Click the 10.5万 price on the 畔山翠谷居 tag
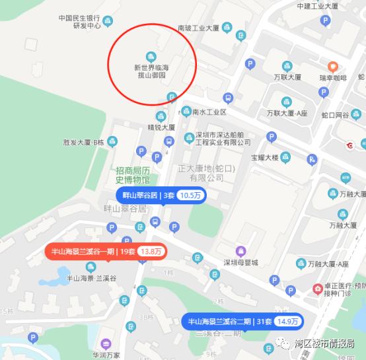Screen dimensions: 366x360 click(x=191, y=195)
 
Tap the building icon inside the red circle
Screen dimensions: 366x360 click(x=151, y=55)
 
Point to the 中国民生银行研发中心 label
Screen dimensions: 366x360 click(x=79, y=22)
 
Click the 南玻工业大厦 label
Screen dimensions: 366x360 click(x=198, y=28)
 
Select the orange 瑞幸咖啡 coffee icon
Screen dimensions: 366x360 click(x=334, y=66)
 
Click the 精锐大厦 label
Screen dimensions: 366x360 click(x=161, y=127)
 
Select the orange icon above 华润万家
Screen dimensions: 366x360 click(x=106, y=343)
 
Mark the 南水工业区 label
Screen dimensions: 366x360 click(x=209, y=112)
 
